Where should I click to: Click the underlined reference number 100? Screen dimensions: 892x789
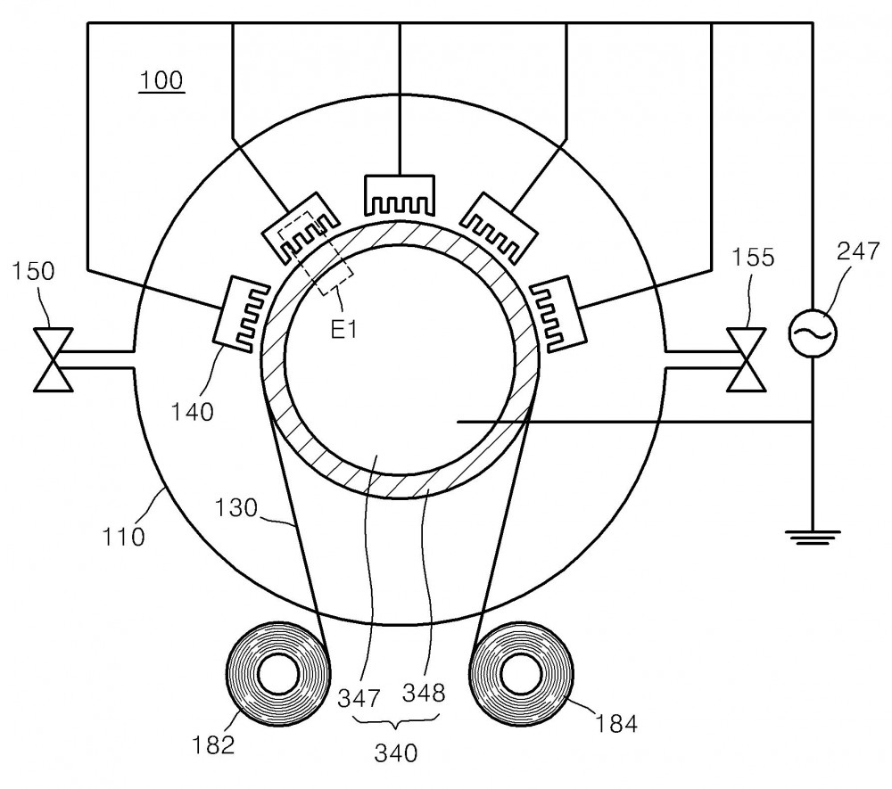pos(161,81)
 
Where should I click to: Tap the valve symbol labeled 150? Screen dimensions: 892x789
pos(53,360)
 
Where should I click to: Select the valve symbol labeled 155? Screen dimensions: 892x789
pos(747,360)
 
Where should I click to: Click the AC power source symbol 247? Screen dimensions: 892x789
pos(813,333)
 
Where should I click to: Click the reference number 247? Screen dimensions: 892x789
pos(858,251)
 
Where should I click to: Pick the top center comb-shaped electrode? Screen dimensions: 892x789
pos(400,195)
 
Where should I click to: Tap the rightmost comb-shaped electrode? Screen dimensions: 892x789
pos(558,315)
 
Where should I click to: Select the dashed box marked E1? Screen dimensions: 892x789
pos(315,251)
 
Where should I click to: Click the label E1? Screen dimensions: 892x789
pos(344,329)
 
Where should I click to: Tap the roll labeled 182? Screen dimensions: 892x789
pos(278,675)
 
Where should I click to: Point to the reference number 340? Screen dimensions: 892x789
pos(396,753)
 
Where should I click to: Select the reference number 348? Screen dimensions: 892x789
pos(424,693)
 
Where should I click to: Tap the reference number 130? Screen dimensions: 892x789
pos(236,507)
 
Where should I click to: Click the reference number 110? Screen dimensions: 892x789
pos(123,537)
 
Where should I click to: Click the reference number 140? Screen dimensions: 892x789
pos(193,412)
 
